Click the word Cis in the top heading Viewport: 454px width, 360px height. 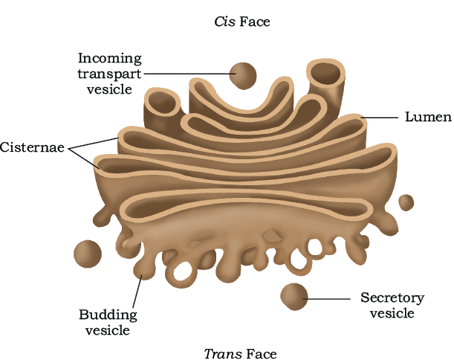(x=224, y=22)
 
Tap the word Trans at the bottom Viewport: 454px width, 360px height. (x=223, y=353)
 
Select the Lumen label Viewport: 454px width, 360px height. (x=428, y=117)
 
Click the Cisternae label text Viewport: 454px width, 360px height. (x=32, y=147)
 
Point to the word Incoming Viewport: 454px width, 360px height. (x=110, y=59)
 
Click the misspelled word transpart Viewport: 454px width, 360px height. (x=109, y=74)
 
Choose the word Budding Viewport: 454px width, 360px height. (x=108, y=315)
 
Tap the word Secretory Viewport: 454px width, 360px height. (x=392, y=298)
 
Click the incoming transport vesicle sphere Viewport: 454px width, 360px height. (x=243, y=76)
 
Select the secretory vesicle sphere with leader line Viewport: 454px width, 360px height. (x=294, y=297)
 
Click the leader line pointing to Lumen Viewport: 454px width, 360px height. (x=379, y=118)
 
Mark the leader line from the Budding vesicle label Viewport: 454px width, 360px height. (x=137, y=291)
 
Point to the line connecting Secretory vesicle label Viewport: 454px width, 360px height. (x=326, y=298)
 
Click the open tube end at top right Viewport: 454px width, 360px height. (x=325, y=72)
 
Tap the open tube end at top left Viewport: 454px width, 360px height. (x=162, y=102)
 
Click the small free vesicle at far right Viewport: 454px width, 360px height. (x=406, y=202)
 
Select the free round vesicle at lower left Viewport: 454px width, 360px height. (x=88, y=254)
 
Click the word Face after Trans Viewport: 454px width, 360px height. (x=262, y=353)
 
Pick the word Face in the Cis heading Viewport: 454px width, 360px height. (x=255, y=22)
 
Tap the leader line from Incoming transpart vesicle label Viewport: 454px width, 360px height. (x=190, y=74)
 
